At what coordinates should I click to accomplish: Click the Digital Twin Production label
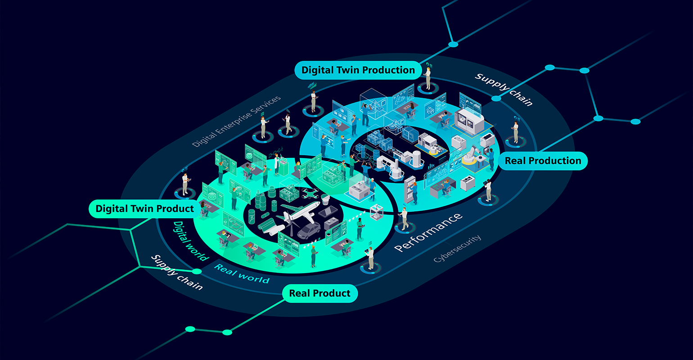[358, 70]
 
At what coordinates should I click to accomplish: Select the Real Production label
[543, 161]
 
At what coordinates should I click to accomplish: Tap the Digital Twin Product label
[144, 209]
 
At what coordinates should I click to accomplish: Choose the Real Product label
[319, 293]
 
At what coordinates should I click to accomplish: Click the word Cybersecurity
[457, 248]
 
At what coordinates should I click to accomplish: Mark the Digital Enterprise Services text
[236, 121]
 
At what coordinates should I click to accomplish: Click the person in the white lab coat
[277, 164]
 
